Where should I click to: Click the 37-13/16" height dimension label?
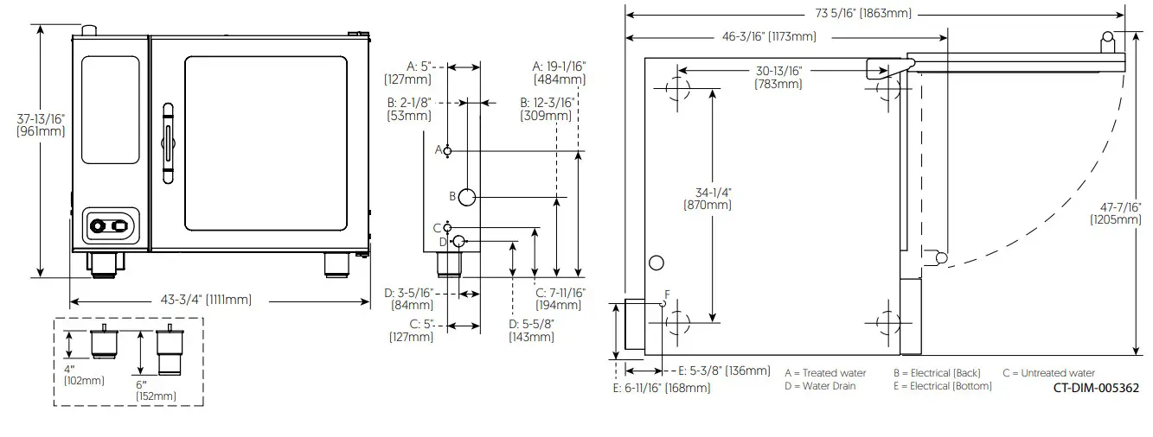tap(39, 124)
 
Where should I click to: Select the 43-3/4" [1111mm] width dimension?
tap(206, 300)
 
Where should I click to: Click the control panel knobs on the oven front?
tap(109, 226)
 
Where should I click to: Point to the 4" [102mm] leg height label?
tap(84, 375)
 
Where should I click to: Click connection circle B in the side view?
tap(466, 197)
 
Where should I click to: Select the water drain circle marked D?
tap(459, 240)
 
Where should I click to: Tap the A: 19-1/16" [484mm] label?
tap(560, 72)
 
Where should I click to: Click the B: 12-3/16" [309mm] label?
tap(547, 109)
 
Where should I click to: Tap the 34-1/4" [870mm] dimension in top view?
tap(707, 199)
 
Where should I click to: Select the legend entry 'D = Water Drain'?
tap(820, 386)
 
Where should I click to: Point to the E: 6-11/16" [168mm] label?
tap(661, 389)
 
